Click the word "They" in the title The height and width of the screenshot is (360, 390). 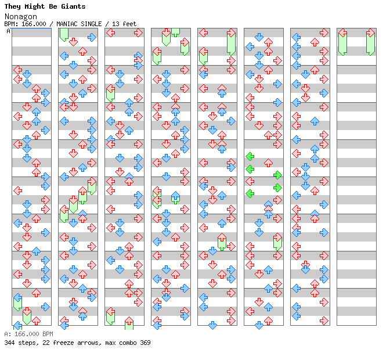(x=13, y=6)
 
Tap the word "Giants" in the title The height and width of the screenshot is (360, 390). (x=74, y=6)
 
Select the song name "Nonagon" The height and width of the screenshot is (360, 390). (x=20, y=16)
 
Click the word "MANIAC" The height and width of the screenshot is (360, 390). (x=68, y=24)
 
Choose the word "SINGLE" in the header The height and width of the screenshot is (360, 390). (x=93, y=24)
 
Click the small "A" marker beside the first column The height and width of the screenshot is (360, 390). (x=8, y=31)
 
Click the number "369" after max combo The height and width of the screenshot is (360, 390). (x=145, y=343)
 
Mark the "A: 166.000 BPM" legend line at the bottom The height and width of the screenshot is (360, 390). (x=28, y=334)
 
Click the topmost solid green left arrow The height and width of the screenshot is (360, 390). (x=250, y=156)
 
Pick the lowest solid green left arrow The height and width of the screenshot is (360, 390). (x=250, y=193)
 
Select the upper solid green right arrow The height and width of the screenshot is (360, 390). (x=277, y=175)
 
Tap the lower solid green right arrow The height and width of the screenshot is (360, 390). (x=277, y=187)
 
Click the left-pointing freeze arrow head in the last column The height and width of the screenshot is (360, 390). (x=342, y=33)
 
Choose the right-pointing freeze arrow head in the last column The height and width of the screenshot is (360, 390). (x=370, y=33)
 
